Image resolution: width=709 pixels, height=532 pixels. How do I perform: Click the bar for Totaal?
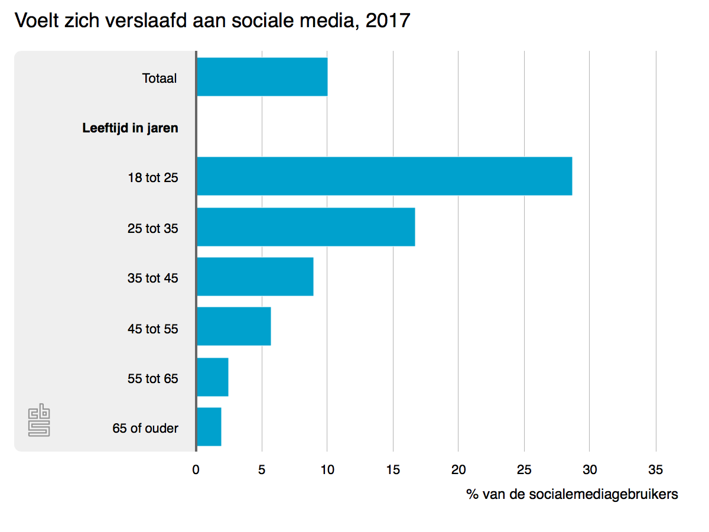[262, 77]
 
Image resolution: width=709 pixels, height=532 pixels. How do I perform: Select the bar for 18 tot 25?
[384, 176]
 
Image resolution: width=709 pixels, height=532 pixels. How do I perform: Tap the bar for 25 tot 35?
[305, 227]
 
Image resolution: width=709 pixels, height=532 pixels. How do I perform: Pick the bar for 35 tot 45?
[255, 277]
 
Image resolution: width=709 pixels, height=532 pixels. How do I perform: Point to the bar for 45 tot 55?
[233, 326]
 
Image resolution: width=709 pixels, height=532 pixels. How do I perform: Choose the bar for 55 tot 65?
[212, 377]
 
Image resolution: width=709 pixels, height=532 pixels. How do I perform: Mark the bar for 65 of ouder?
[209, 427]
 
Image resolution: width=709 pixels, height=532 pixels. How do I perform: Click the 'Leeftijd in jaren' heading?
[130, 128]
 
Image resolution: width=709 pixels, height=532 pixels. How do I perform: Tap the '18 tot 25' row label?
[152, 177]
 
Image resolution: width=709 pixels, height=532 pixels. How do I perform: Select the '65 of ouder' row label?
[145, 428]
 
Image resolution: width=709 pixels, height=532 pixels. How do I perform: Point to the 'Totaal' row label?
[160, 78]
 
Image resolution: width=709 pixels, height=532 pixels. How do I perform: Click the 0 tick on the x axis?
[196, 470]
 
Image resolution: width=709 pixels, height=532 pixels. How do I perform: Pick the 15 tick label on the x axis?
[393, 470]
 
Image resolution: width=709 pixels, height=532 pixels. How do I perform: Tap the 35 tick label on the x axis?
[655, 470]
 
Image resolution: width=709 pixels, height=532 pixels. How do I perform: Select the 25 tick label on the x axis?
[524, 470]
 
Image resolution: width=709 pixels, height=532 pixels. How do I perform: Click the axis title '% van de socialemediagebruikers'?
[572, 494]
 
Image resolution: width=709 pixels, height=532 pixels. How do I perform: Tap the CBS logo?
[39, 421]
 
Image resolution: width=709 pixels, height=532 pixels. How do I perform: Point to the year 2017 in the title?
[388, 21]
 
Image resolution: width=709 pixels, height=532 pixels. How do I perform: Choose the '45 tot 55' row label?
[152, 329]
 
